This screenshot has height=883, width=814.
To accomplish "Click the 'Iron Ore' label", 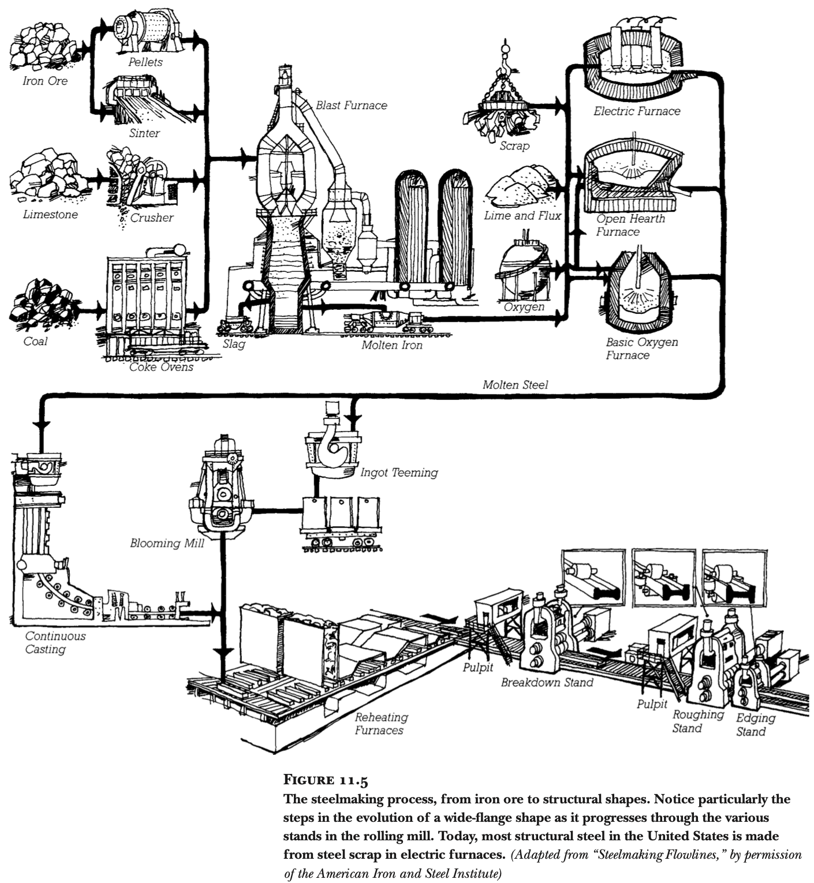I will [45, 81].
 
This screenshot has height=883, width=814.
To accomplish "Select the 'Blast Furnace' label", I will [351, 106].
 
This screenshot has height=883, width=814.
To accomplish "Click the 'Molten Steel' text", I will [515, 384].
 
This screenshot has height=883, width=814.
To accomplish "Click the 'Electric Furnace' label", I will [637, 111].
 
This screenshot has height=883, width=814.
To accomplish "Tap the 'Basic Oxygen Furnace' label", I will [641, 349].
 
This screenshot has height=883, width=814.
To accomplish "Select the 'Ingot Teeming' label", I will [399, 473].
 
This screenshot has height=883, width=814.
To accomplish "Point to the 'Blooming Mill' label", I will [167, 543].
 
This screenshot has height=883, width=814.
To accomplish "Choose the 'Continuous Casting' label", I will [55, 642].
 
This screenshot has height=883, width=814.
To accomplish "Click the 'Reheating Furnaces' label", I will [380, 724].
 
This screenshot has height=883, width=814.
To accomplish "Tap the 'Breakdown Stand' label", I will [547, 682].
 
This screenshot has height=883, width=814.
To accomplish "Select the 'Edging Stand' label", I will [755, 724].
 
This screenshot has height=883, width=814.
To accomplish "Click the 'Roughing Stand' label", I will [697, 721].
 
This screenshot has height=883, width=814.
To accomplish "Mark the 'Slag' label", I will [234, 344].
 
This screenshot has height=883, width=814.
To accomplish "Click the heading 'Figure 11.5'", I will [326, 781].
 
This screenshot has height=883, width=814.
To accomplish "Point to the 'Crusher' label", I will [151, 218].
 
